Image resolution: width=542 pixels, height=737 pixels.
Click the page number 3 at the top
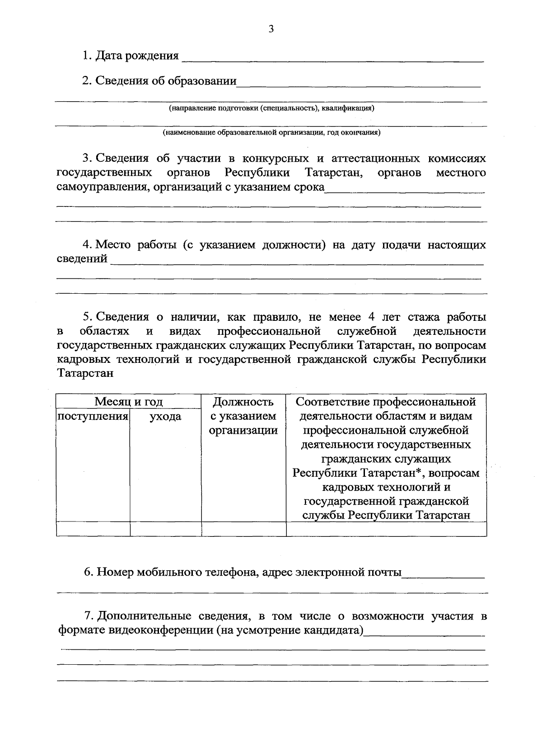point(271,29)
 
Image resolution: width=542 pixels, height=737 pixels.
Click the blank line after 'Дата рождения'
point(332,59)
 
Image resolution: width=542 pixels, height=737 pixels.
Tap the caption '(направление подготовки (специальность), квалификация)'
point(271,108)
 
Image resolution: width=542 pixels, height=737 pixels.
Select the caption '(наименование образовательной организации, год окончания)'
point(271,133)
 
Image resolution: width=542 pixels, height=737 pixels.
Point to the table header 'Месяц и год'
point(129,402)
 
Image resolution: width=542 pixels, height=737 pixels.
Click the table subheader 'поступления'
point(93,416)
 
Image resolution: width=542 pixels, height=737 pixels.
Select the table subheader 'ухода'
point(165,416)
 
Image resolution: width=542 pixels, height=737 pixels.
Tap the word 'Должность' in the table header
point(243,402)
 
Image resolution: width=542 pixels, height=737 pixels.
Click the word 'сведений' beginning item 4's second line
point(82,259)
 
